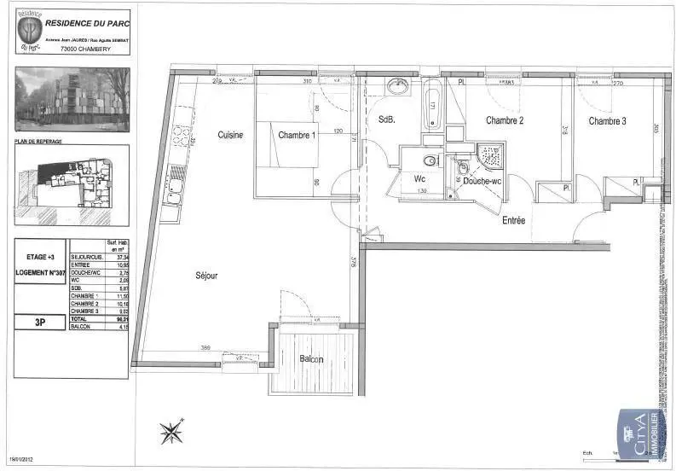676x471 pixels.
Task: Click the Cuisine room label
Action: [230, 136]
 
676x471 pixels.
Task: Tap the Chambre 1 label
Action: [297, 136]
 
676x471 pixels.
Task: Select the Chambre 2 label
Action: [505, 121]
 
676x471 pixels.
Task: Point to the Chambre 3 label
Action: [608, 122]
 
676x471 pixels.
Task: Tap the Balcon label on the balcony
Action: [311, 359]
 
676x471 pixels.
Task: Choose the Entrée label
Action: [513, 220]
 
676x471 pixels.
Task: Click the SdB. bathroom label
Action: [386, 121]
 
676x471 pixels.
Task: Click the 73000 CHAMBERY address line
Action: [86, 49]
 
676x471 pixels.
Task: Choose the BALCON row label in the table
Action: [82, 326]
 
